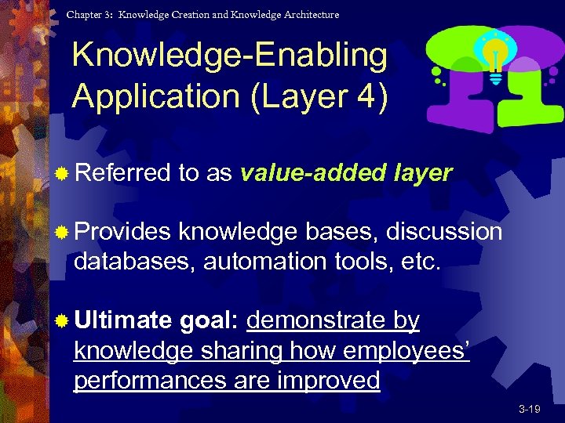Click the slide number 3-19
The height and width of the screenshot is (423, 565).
[x=529, y=409]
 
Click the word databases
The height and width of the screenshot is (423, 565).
[x=134, y=260]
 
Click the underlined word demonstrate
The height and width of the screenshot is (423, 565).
[x=317, y=320]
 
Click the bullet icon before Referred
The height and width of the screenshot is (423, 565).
[x=62, y=174]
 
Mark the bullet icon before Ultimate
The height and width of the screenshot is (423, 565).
[x=62, y=321]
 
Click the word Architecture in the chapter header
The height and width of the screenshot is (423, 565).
[x=309, y=14]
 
